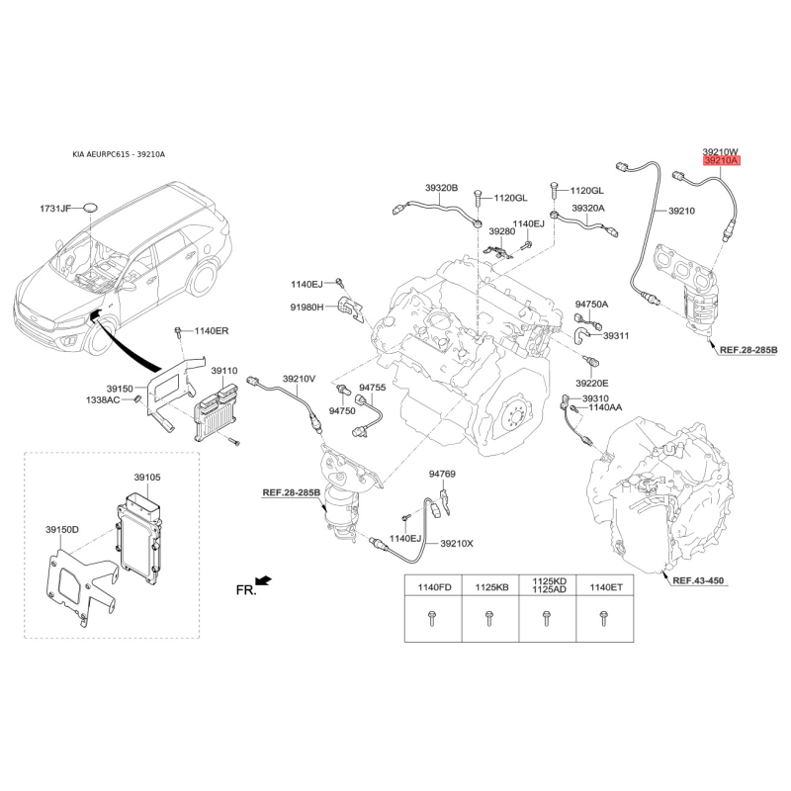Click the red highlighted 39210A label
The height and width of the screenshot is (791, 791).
(x=721, y=161)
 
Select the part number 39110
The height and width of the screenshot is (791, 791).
(x=224, y=371)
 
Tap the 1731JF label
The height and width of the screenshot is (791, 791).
(x=55, y=208)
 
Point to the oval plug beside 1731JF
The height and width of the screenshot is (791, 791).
(x=91, y=207)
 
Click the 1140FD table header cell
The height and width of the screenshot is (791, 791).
(x=434, y=586)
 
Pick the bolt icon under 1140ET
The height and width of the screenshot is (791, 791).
(x=604, y=619)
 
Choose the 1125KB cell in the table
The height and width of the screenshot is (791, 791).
(x=491, y=586)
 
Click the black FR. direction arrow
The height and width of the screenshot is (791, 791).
(x=264, y=580)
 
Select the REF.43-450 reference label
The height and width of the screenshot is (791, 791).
(x=698, y=580)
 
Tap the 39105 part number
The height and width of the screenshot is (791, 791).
(x=147, y=477)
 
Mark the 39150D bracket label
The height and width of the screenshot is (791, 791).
(x=62, y=529)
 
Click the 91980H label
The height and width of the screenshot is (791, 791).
(x=307, y=307)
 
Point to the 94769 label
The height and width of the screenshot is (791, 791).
(x=442, y=474)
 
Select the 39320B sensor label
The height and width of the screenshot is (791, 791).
(x=441, y=188)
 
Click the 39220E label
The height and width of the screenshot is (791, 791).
(x=592, y=384)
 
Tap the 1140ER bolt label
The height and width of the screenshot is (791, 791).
(x=212, y=331)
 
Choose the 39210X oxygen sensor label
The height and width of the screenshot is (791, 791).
(x=457, y=543)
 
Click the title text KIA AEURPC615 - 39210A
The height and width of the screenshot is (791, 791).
(x=119, y=154)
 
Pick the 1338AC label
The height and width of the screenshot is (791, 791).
(x=103, y=400)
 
